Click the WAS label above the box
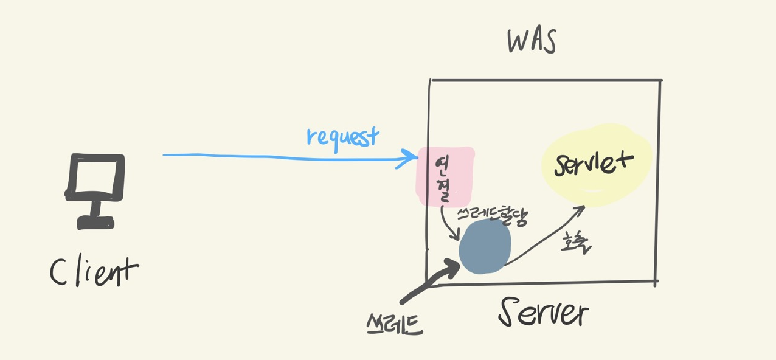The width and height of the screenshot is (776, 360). click(x=532, y=41)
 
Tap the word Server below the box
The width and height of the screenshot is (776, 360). click(x=543, y=313)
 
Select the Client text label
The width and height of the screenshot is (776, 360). click(x=94, y=272)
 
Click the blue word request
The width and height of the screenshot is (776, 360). click(x=342, y=136)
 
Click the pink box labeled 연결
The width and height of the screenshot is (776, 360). click(x=445, y=176)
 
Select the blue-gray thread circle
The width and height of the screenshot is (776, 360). click(x=485, y=247)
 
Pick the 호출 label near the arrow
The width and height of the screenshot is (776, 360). click(x=575, y=244)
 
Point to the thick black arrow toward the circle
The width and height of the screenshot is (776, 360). click(x=429, y=281)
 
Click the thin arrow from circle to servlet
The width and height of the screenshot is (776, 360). click(x=544, y=235)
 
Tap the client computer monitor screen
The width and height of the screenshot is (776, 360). click(x=95, y=177)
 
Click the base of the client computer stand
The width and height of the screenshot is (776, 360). click(x=95, y=223)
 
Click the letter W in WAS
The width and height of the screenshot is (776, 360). click(x=517, y=41)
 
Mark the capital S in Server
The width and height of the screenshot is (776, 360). click(x=511, y=312)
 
